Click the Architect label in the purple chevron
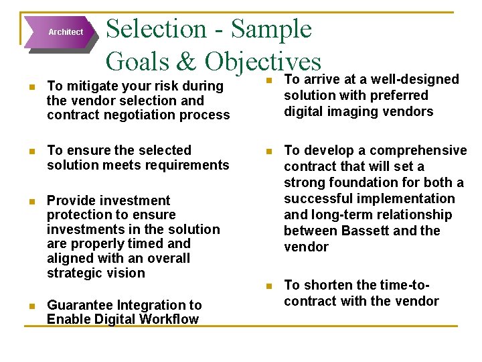[x=66, y=32]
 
